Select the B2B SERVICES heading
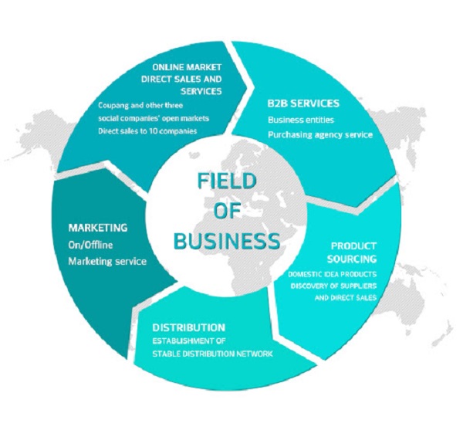[303, 103]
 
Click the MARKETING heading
[97, 229]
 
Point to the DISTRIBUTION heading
[189, 327]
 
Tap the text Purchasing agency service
[319, 134]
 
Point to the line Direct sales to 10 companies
[147, 131]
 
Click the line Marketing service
[107, 260]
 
